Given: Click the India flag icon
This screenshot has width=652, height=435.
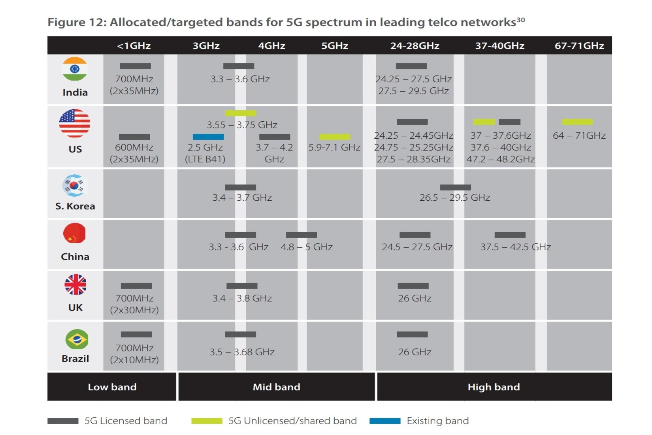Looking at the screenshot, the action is [75, 69].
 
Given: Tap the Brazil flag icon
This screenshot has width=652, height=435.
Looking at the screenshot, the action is [77, 339].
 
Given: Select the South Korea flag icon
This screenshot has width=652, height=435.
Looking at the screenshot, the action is [75, 185].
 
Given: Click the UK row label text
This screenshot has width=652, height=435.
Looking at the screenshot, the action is [75, 307].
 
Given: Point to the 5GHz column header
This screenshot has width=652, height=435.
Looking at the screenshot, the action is [335, 46].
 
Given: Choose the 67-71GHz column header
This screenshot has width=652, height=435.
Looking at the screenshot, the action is [579, 46].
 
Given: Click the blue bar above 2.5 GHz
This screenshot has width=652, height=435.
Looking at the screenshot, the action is [208, 137].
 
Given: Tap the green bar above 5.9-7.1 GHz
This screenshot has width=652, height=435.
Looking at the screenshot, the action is [335, 137].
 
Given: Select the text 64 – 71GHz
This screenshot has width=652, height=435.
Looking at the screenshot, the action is [579, 135].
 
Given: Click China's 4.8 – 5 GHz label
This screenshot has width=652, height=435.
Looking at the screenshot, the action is [307, 247].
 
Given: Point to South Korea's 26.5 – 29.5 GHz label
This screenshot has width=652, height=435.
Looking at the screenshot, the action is [455, 198].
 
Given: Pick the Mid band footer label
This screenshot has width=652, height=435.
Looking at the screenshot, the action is [277, 387].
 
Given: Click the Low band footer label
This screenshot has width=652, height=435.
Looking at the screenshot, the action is [112, 387].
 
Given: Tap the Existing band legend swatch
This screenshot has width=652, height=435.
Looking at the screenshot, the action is [385, 421].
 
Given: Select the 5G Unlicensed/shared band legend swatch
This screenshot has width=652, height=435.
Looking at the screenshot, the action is [207, 421].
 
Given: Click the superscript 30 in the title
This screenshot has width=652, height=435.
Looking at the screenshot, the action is [521, 20].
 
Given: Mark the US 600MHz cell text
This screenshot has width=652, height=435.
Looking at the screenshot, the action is [134, 153].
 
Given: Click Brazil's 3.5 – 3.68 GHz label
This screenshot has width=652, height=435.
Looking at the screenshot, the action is [242, 352].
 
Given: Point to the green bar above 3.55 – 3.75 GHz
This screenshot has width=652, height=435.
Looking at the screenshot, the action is [241, 113].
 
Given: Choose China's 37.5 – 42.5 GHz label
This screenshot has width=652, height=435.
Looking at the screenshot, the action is [516, 247].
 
